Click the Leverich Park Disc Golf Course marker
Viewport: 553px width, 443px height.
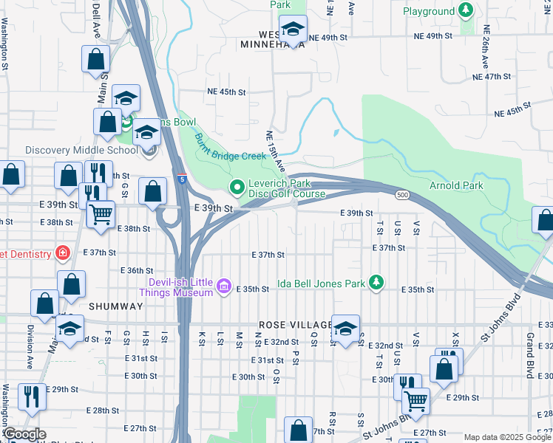point(237,188)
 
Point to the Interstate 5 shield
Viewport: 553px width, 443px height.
point(181,178)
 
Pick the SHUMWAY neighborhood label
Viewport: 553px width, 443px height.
point(115,306)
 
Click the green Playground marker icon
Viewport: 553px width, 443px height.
point(466,10)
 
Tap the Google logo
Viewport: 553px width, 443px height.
point(24,434)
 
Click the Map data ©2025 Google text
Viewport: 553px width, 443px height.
point(507,437)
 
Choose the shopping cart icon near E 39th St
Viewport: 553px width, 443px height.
point(101,213)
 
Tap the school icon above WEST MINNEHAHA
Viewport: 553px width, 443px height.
point(294,29)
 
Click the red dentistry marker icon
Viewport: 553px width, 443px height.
point(64,253)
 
